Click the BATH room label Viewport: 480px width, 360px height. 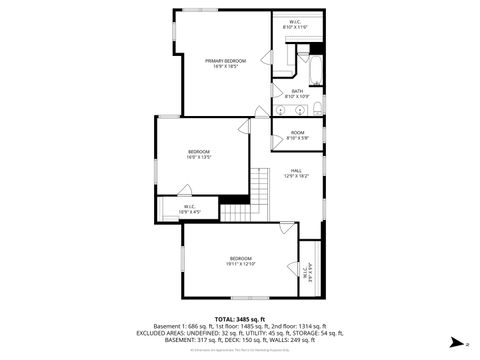tap(297, 94)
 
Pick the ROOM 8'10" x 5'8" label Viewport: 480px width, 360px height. tap(297, 135)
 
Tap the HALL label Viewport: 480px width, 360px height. tap(297, 172)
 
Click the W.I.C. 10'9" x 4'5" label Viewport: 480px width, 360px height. tap(189, 210)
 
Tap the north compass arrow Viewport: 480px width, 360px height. tap(455, 341)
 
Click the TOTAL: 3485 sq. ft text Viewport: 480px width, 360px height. tap(240, 318)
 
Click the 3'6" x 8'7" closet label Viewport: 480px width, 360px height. tap(308, 270)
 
